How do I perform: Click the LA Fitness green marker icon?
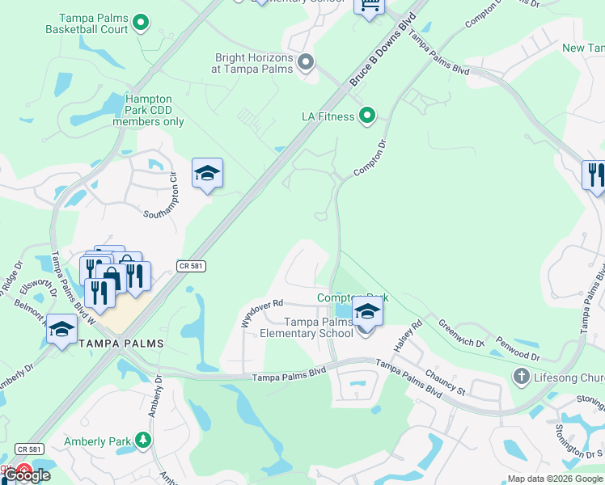(x=367, y=116)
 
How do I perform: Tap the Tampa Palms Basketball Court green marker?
(x=142, y=23)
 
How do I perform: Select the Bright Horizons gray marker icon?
(x=306, y=62)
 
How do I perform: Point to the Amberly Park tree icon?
(x=142, y=440)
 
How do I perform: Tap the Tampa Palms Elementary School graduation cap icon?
(x=367, y=310)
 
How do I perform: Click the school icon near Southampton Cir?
(x=207, y=172)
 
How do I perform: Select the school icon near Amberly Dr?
(x=61, y=329)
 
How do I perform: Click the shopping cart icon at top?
(x=370, y=6)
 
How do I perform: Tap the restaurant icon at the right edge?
(x=594, y=175)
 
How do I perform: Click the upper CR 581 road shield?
(x=189, y=266)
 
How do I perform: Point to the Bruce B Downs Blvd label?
(x=383, y=50)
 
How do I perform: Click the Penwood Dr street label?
(x=518, y=349)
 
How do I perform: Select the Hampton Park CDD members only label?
(x=149, y=111)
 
